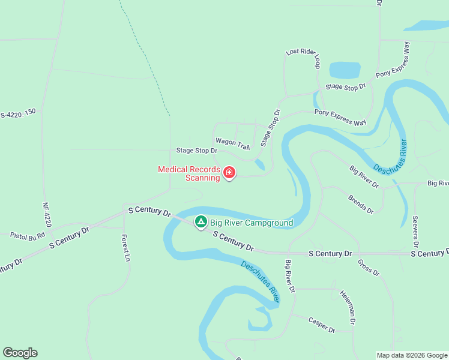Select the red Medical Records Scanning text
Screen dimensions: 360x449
point(188,173)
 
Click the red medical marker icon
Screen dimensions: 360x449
point(229,173)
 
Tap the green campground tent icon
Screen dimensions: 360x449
point(201,223)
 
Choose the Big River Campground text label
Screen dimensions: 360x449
point(251,223)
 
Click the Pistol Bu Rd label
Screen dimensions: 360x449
point(28,236)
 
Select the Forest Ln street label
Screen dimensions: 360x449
point(126,247)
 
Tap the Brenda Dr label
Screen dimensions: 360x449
point(361,204)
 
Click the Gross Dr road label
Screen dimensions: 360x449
point(369,268)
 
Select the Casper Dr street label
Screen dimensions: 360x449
point(321,325)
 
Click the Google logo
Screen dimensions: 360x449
point(20,353)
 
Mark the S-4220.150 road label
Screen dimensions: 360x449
point(18,112)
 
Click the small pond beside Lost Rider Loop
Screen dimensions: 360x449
point(345,70)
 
